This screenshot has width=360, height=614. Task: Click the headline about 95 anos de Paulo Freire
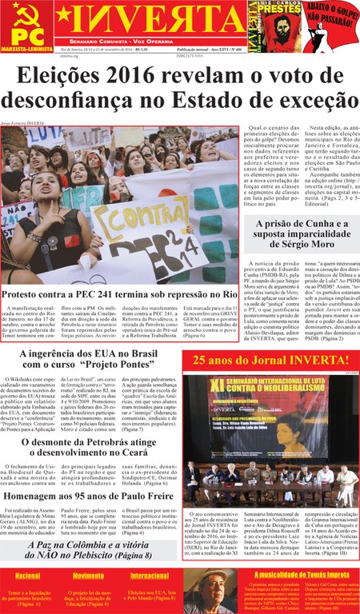coord(89,492)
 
